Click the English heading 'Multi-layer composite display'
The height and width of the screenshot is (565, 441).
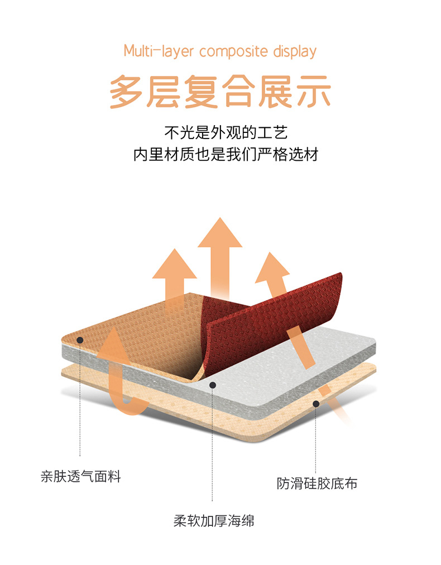220,51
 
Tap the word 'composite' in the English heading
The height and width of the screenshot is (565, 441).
234,52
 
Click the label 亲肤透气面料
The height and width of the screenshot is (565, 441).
80,477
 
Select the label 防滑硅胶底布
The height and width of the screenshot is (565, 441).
317,483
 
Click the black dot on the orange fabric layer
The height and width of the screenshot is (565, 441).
80,339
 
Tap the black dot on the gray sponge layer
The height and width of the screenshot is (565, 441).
212,385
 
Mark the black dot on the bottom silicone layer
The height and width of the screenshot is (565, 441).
316,403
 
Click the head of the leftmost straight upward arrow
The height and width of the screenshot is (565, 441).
174,265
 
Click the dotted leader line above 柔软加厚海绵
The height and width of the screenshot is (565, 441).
212,447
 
